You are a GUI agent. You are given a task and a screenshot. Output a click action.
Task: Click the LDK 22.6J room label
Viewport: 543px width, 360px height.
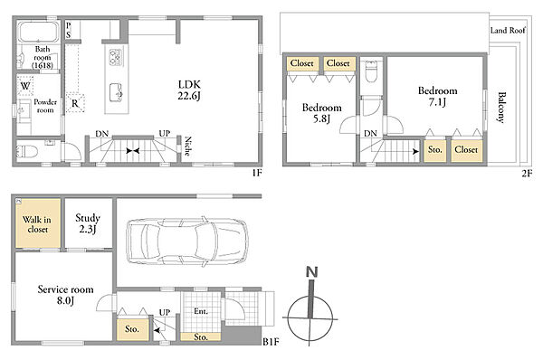click(189, 90)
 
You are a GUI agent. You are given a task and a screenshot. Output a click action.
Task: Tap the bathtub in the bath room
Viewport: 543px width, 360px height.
click(38, 32)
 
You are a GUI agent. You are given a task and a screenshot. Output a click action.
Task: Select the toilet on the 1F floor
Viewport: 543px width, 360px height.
click(27, 151)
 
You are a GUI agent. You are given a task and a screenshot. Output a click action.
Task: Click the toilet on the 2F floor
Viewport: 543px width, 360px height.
click(371, 71)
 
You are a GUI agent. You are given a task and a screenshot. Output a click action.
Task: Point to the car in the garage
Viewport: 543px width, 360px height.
click(187, 242)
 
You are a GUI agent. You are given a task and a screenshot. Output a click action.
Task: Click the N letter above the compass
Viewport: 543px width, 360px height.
click(312, 272)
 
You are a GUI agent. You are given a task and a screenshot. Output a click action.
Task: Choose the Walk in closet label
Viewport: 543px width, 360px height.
click(37, 224)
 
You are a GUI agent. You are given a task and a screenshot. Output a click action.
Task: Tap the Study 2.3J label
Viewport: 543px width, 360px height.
click(88, 223)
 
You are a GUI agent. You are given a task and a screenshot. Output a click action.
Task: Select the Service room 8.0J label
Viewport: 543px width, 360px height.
click(65, 295)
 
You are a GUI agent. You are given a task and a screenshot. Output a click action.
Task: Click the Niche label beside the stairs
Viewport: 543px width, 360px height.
click(188, 146)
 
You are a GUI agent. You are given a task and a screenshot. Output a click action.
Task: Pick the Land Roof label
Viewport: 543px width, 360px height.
click(508, 31)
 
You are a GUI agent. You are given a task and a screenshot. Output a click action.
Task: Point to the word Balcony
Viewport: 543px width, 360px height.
click(501, 107)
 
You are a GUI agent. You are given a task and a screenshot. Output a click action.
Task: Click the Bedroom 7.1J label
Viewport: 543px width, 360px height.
click(438, 96)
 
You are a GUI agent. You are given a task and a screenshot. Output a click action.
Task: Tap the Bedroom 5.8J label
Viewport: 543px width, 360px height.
click(321, 113)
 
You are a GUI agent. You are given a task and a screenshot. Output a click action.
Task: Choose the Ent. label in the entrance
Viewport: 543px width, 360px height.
click(201, 311)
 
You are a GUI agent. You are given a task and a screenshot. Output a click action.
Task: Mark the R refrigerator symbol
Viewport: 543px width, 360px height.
click(75, 103)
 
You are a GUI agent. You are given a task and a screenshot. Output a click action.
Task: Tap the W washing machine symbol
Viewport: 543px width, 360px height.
click(25, 86)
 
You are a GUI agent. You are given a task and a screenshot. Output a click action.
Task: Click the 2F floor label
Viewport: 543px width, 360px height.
click(527, 173)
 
